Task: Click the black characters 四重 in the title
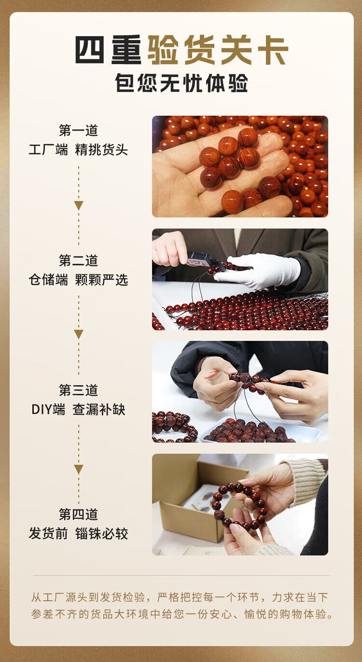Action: click(108, 50)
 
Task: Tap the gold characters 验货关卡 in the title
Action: click(218, 50)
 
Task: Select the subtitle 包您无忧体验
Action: click(181, 83)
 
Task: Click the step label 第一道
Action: click(78, 130)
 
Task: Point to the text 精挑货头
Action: click(101, 150)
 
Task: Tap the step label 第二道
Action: click(78, 260)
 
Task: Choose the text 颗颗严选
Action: click(101, 280)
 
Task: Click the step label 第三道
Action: click(78, 390)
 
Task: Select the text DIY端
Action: click(48, 410)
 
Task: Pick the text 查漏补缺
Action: click(99, 410)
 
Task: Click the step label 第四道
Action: click(78, 514)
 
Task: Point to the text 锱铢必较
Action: click(101, 534)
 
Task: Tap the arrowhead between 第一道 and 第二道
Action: click(79, 205)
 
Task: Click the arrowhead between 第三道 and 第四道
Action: click(79, 469)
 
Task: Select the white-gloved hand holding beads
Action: click(257, 271)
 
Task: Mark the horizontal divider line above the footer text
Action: click(181, 576)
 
